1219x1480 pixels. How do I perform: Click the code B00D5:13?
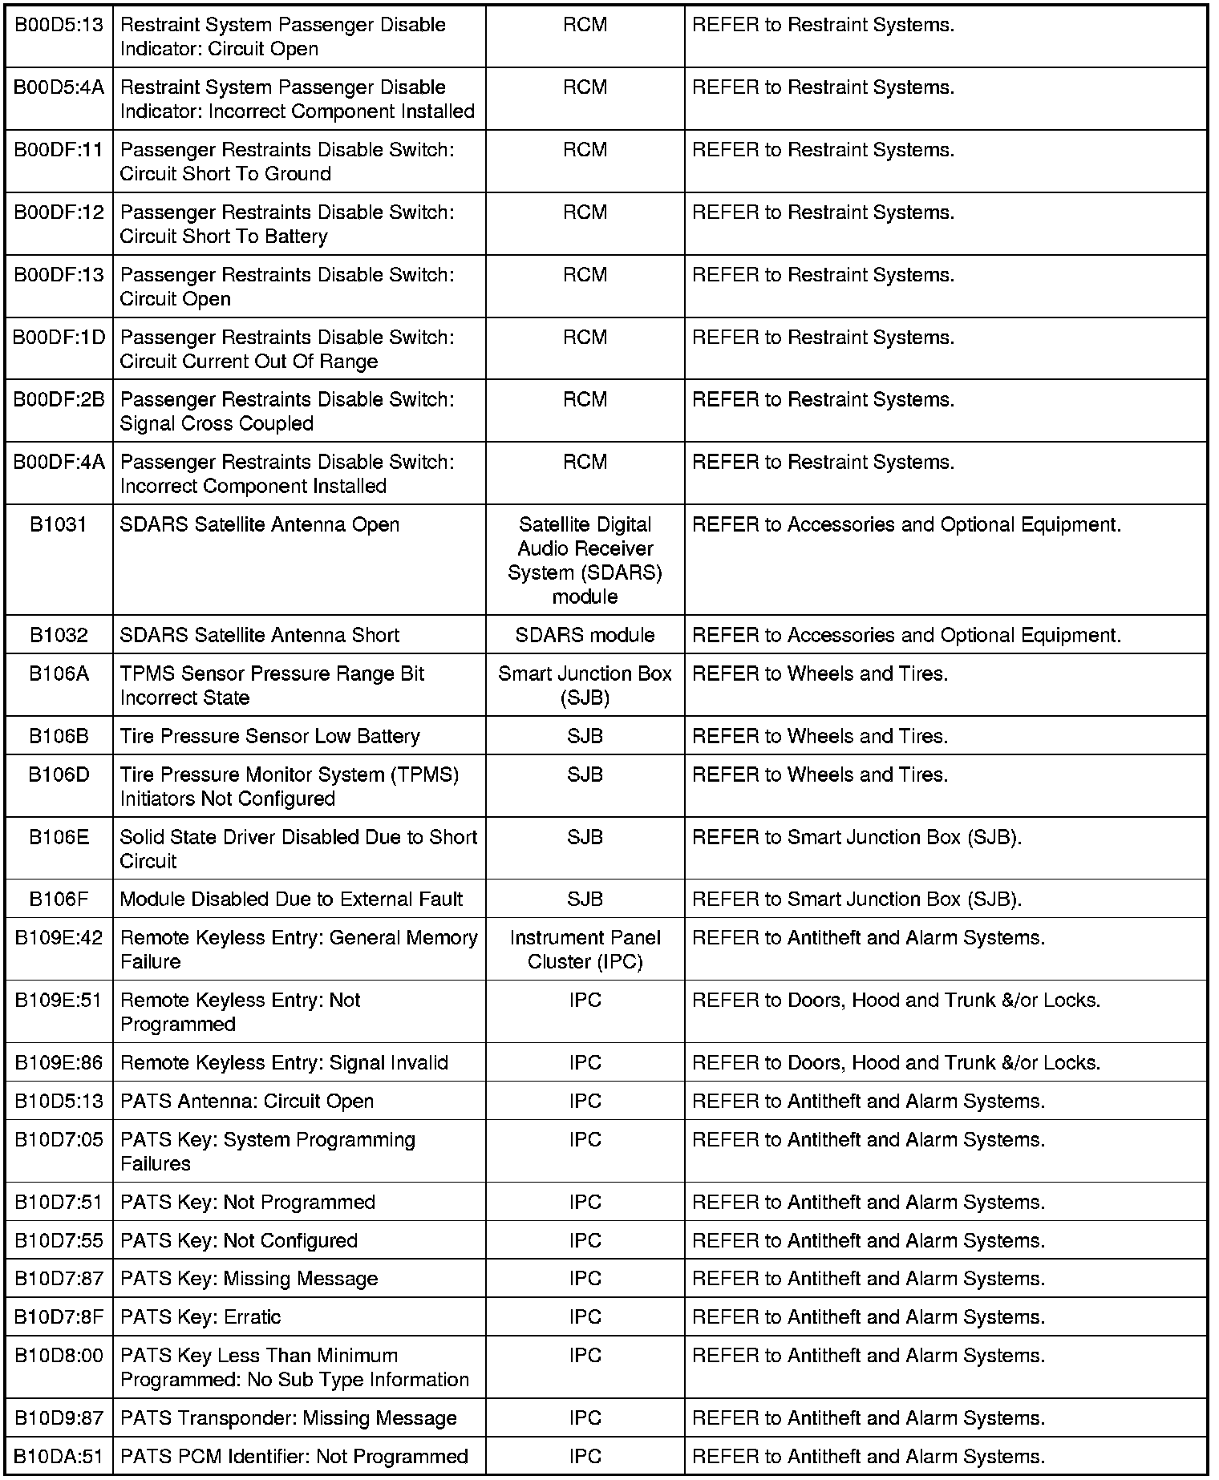coord(59,25)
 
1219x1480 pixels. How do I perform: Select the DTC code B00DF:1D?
coord(59,338)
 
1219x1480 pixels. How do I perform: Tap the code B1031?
coord(59,525)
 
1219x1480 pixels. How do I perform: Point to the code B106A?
coord(59,674)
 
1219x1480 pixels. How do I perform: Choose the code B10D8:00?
coord(59,1356)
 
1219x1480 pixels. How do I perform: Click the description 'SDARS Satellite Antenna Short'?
coord(259,636)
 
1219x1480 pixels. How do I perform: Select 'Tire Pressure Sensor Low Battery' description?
coord(269,737)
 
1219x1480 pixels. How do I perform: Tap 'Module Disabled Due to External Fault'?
coord(291,900)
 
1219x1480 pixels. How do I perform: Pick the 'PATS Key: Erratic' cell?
coord(200,1317)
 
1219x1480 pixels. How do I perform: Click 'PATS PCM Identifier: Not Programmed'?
coord(294,1457)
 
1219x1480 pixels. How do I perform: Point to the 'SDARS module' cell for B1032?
coord(585,636)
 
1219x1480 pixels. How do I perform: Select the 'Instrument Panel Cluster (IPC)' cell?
coord(585,950)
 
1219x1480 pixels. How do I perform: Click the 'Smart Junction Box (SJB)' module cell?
coord(585,686)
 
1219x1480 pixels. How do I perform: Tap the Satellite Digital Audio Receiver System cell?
coord(585,560)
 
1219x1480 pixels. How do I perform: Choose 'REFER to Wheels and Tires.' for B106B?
coord(820,737)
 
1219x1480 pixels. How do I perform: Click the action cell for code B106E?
coord(857,838)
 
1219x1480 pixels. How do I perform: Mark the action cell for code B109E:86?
coord(896,1063)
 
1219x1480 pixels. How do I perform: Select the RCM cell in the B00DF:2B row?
coord(585,400)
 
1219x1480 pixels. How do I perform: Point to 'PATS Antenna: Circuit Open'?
coord(247,1102)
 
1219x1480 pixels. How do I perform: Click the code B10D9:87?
coord(59,1418)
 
